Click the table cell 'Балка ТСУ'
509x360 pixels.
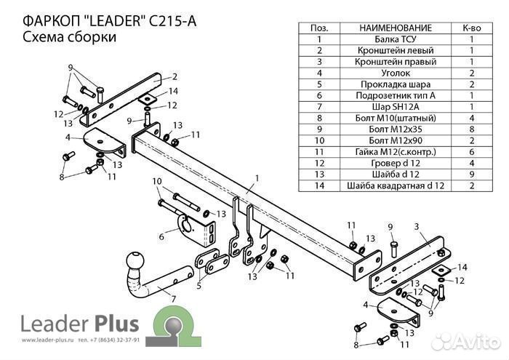396,39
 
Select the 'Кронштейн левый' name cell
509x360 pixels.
396,50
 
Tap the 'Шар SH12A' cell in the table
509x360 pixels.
396,106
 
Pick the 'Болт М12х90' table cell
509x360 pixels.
396,140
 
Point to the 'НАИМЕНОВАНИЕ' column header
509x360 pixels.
396,28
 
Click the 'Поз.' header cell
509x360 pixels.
319,28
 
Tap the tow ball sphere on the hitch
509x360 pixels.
136,261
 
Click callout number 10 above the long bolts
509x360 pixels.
156,181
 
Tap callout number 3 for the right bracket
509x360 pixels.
417,227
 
